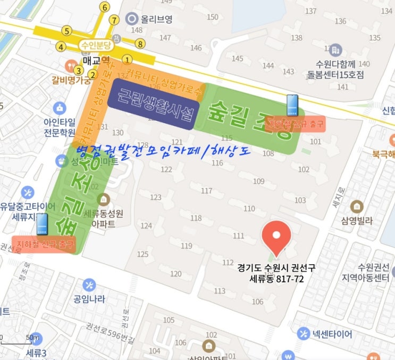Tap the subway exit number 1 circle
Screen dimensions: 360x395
[x=127, y=60]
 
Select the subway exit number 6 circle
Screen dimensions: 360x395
[x=105, y=7]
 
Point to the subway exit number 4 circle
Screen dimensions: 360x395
[x=62, y=47]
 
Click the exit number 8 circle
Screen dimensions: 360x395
[x=140, y=44]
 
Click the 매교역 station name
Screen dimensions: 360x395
[x=96, y=60]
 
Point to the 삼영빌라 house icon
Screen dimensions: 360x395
[x=357, y=206]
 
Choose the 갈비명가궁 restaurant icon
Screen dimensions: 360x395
[x=70, y=66]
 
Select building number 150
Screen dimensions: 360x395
[x=213, y=17]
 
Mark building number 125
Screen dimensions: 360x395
[x=142, y=254]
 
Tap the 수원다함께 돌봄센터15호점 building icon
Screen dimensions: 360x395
[x=335, y=51]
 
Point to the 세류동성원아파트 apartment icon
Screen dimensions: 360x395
[x=104, y=200]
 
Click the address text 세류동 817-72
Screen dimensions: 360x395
[x=276, y=278]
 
